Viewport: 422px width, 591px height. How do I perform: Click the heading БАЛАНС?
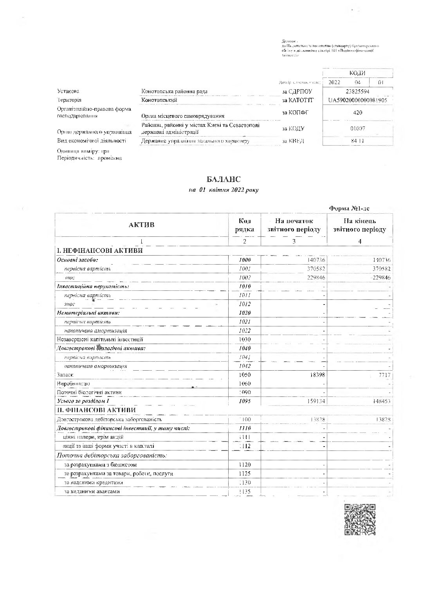tap(224, 179)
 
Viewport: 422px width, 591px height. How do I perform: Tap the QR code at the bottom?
tap(360, 519)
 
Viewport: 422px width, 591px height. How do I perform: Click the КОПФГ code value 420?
tap(357, 113)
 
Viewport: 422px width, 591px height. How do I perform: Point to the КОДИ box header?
tap(357, 73)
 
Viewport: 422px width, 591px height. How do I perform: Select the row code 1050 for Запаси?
tap(245, 375)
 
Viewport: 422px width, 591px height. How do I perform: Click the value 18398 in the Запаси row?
tap(316, 375)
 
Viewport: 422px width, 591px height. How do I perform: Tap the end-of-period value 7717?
tap(382, 375)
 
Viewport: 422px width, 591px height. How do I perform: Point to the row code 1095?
tap(245, 401)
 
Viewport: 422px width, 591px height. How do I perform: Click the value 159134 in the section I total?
tap(315, 401)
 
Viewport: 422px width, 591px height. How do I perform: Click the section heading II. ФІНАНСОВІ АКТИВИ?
tap(96, 410)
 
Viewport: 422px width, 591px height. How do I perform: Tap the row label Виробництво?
tap(73, 384)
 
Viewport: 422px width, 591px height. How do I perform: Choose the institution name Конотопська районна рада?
tap(174, 92)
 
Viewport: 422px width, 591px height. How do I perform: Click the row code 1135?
tap(245, 492)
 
